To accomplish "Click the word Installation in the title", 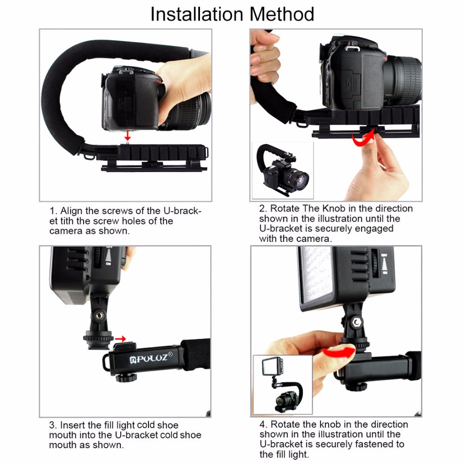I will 198,14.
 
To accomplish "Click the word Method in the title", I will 282,14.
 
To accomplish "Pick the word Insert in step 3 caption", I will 73,425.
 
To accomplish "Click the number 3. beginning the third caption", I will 53,425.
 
